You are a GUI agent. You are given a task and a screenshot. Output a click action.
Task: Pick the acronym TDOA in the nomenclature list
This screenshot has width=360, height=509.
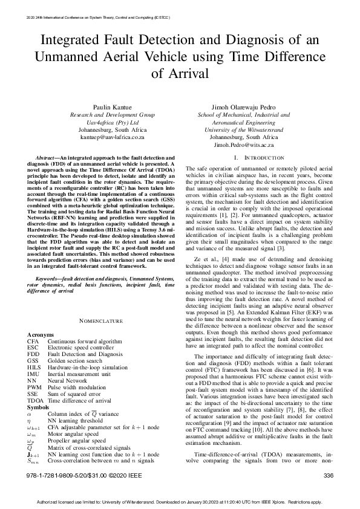35,400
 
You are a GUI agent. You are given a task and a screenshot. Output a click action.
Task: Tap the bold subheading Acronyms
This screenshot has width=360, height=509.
40,334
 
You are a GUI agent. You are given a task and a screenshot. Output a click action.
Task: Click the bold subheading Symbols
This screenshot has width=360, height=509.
38,407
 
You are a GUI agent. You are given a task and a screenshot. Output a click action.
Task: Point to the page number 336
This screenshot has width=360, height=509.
329,476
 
